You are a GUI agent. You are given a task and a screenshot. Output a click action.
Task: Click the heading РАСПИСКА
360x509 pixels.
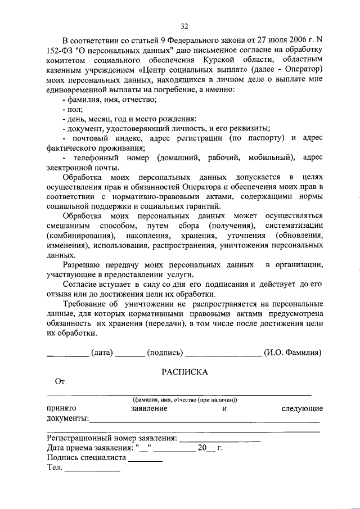[x=185, y=372]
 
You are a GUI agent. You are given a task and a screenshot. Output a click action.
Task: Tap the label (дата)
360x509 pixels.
[x=102, y=353]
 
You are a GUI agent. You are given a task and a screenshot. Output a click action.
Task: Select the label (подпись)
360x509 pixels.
[x=164, y=353]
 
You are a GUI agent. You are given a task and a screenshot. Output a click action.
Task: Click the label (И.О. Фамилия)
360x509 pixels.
[x=292, y=353]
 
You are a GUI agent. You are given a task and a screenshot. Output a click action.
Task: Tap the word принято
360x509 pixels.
[x=62, y=408]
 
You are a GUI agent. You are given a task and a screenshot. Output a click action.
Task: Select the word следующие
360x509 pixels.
[x=301, y=408]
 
